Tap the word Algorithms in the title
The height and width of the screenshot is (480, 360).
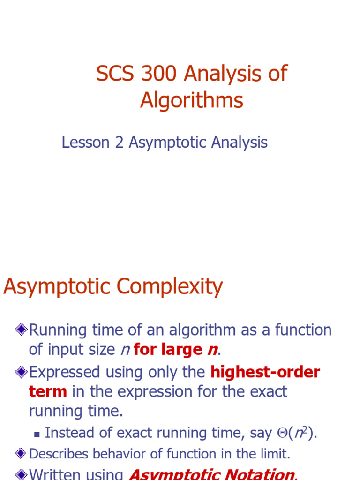pos(192,100)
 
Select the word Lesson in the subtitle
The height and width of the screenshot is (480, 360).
pos(86,142)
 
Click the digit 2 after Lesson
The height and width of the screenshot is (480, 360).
pos(119,142)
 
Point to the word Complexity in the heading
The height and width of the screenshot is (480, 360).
pos(170,287)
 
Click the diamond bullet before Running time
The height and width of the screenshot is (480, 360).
pos(22,330)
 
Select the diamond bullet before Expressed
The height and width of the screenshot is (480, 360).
pos(22,372)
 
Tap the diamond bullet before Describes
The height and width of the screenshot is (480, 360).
pos(21,453)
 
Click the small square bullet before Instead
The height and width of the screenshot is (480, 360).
pos(37,434)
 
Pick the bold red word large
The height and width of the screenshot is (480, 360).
pos(182,350)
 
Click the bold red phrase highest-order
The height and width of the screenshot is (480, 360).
pos(265,372)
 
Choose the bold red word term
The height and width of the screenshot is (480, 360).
pos(48,391)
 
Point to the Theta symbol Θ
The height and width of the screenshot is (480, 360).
pos(282,433)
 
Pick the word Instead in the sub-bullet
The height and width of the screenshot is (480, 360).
pos(69,433)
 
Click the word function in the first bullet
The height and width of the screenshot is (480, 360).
pos(303,330)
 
